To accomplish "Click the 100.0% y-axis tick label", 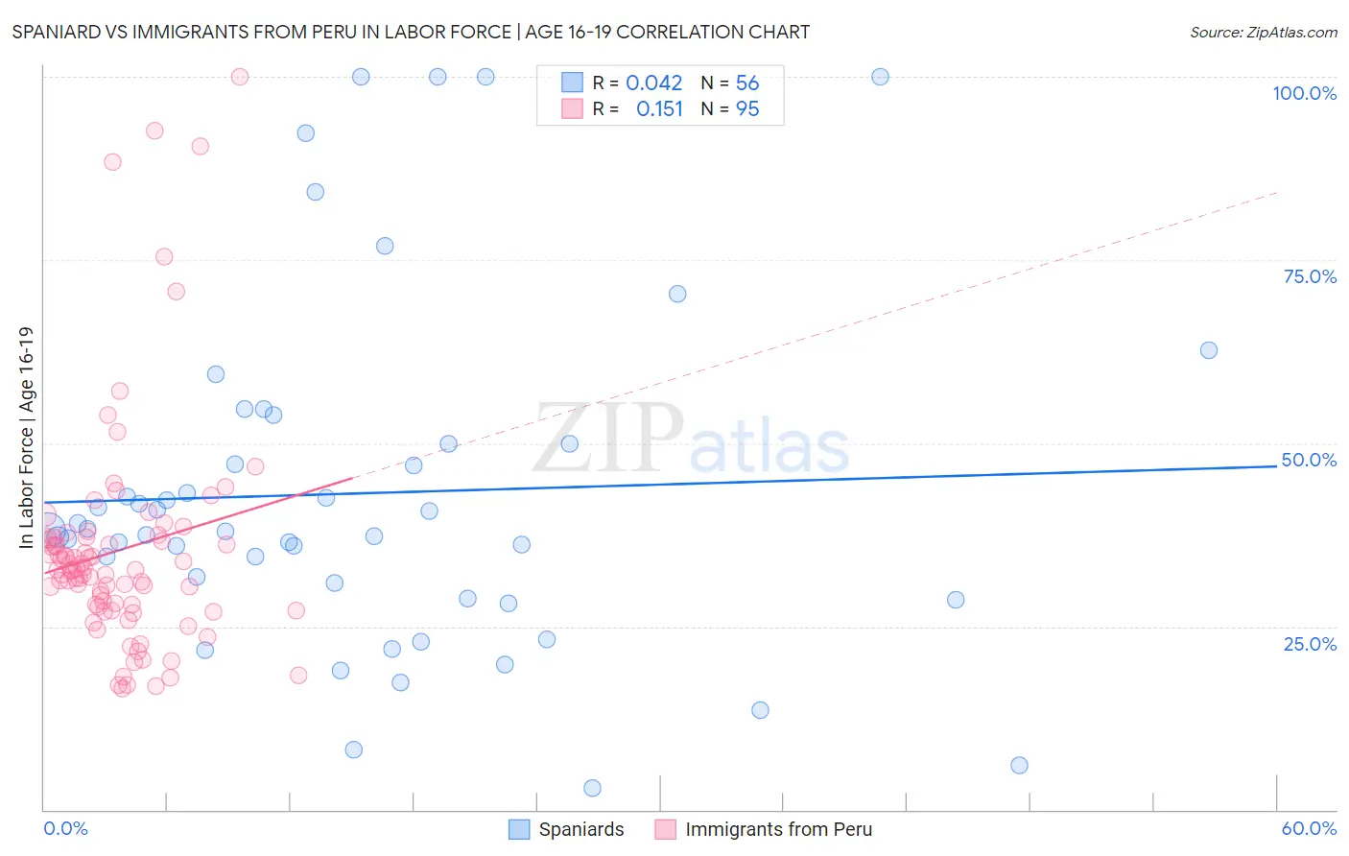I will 1304,93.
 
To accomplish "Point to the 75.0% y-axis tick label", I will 1310,276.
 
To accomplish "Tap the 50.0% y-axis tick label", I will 1309,460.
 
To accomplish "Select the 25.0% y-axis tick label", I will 1310,644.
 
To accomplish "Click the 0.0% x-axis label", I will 65,828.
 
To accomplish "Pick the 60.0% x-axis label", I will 1309,828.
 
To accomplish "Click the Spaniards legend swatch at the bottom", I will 519,829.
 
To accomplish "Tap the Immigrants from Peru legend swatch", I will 666,829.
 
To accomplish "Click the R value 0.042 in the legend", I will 654,83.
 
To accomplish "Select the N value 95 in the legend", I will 747,109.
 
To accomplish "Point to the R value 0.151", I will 660,109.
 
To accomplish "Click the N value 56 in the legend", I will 747,83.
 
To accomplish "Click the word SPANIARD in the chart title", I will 56,33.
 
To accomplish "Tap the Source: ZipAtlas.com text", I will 1263,33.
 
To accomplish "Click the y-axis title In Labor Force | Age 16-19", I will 27,438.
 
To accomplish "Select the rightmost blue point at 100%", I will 880,77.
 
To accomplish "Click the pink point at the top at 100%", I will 240,77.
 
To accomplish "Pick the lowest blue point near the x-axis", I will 592,788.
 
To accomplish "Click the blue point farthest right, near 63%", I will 1209,350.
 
